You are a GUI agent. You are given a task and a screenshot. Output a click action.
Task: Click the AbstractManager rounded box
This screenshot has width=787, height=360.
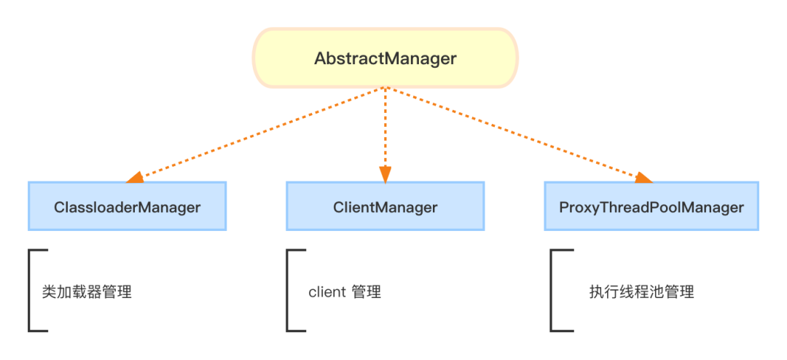(x=385, y=58)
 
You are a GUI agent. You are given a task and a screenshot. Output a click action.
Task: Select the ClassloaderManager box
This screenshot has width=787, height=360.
(x=127, y=207)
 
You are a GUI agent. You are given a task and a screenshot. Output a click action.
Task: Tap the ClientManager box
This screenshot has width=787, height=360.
(x=385, y=207)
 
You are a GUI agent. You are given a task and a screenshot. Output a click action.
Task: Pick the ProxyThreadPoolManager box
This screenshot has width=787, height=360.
(x=651, y=207)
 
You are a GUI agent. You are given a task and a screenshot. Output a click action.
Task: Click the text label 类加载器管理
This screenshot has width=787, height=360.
(x=87, y=292)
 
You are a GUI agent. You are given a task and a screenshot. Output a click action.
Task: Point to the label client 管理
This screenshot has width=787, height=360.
(x=345, y=292)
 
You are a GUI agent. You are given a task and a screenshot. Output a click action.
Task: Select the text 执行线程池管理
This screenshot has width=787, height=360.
(x=641, y=292)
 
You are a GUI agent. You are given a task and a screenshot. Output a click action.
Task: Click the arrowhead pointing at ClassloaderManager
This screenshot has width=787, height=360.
(x=135, y=177)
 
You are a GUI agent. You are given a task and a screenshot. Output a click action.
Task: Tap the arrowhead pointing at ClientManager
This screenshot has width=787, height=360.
(x=385, y=174)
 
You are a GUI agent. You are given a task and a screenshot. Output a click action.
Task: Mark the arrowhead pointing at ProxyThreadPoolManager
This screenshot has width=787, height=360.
(x=641, y=178)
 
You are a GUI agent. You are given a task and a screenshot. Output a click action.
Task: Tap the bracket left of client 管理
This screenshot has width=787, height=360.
(x=289, y=291)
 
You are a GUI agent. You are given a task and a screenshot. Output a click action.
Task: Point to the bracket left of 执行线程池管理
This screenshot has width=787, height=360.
(x=553, y=291)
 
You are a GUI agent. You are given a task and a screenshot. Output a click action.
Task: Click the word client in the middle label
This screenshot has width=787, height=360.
(x=327, y=292)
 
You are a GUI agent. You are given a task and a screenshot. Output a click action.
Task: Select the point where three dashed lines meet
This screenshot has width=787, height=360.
(x=385, y=90)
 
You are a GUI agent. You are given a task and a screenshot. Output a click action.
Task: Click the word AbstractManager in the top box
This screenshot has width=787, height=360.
(x=385, y=58)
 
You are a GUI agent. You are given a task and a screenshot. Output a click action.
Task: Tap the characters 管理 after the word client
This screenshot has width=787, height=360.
(x=366, y=292)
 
